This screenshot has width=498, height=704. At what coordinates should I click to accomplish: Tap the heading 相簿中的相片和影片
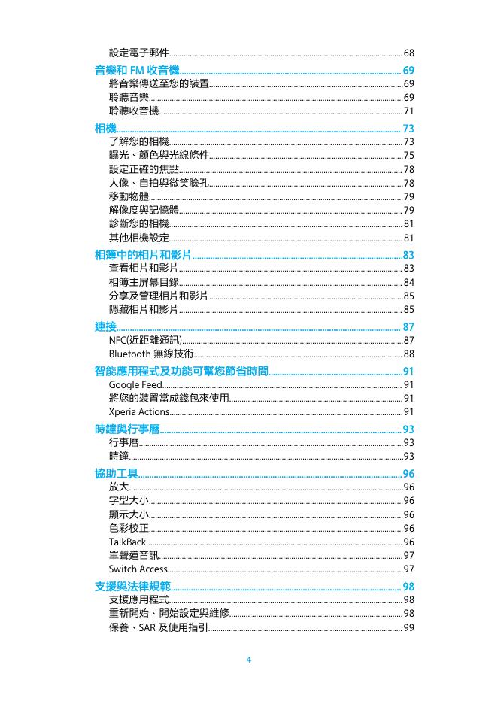pos(142,255)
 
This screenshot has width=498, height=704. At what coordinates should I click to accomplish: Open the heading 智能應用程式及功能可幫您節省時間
pos(181,371)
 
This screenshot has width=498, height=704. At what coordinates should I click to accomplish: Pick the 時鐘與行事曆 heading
pos(126,429)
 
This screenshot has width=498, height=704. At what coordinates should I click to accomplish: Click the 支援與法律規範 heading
pos(132,586)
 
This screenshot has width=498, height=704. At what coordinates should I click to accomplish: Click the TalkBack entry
pos(127,542)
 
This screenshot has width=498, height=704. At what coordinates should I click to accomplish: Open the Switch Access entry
pos(138,569)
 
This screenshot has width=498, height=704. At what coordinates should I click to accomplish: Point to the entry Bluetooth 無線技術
pos(150,354)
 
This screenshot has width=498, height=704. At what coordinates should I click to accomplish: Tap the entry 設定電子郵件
pos(138,53)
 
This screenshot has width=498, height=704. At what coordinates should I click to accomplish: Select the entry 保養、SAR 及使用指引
pos(158,627)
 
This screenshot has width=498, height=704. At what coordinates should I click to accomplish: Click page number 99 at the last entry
pos(409,627)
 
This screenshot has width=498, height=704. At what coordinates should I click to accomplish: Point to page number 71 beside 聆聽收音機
pos(409,111)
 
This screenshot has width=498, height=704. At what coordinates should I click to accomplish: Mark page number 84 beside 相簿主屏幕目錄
pos(409,282)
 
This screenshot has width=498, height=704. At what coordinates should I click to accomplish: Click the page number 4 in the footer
pos(248,660)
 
